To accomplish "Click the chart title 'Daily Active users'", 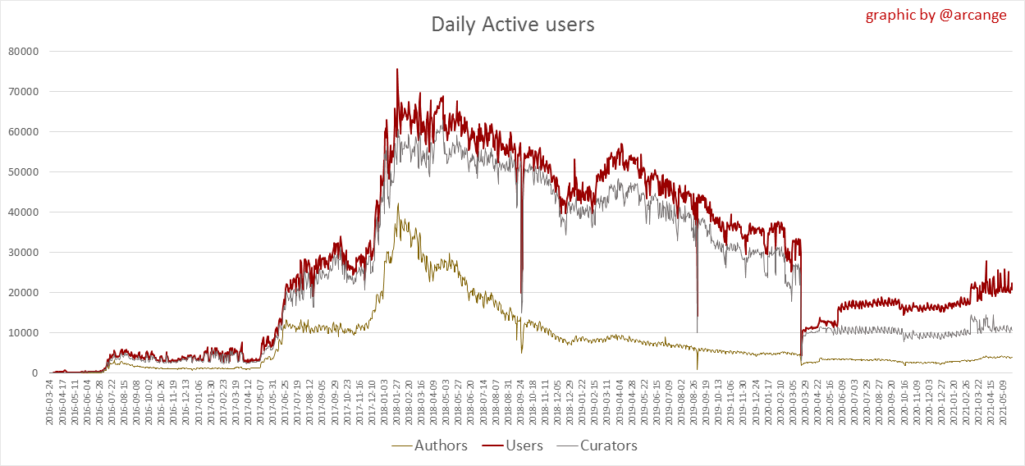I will coord(513,25).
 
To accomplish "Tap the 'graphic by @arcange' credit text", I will coord(936,15).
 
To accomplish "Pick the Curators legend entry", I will coord(608,445).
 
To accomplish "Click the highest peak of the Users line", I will coord(397,70).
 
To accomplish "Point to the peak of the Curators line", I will coord(398,204).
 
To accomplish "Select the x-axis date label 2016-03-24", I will coord(50,402).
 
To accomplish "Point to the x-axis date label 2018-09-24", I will coord(520,402).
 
